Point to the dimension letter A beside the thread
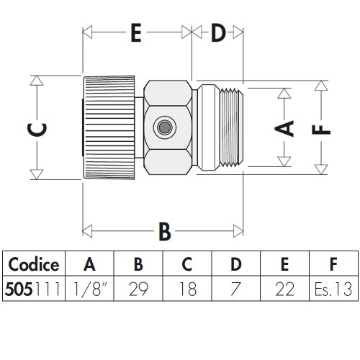pyautogui.click(x=285, y=127)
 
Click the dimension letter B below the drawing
pyautogui.click(x=164, y=231)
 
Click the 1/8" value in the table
pyautogui.click(x=89, y=289)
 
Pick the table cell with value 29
pyautogui.click(x=138, y=289)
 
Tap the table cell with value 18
pyautogui.click(x=187, y=289)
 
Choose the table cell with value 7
pyautogui.click(x=235, y=289)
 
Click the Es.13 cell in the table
pyautogui.click(x=332, y=289)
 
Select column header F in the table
pyautogui.click(x=332, y=264)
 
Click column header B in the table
pyautogui.click(x=138, y=264)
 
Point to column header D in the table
pyautogui.click(x=235, y=264)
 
